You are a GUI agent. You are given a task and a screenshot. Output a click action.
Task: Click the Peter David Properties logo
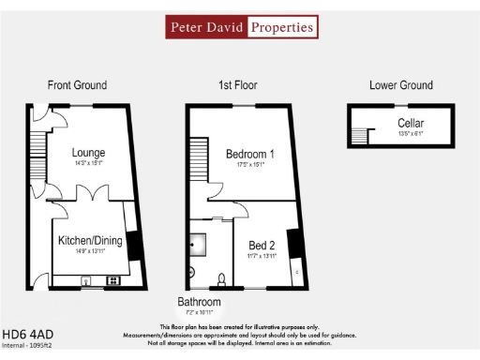(242, 27)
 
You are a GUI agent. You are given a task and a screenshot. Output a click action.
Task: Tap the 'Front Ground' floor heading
(77, 85)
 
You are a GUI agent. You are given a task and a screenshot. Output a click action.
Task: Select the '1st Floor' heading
(238, 85)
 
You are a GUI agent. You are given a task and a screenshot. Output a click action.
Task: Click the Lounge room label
(89, 153)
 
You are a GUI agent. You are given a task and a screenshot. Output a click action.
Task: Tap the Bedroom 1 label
(250, 154)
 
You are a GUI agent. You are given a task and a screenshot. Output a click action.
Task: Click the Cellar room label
(410, 124)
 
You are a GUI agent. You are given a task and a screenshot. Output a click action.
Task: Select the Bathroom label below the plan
(200, 302)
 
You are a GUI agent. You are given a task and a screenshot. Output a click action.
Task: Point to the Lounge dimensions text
(89, 164)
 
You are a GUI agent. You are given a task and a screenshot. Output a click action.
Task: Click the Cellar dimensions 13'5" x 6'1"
(410, 134)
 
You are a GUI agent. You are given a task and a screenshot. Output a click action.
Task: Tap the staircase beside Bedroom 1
(198, 157)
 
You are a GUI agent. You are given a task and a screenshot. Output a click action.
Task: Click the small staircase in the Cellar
(359, 137)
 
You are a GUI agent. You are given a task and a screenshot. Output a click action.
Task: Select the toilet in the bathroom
(219, 278)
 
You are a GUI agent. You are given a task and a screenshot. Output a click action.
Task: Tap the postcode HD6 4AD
(26, 333)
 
